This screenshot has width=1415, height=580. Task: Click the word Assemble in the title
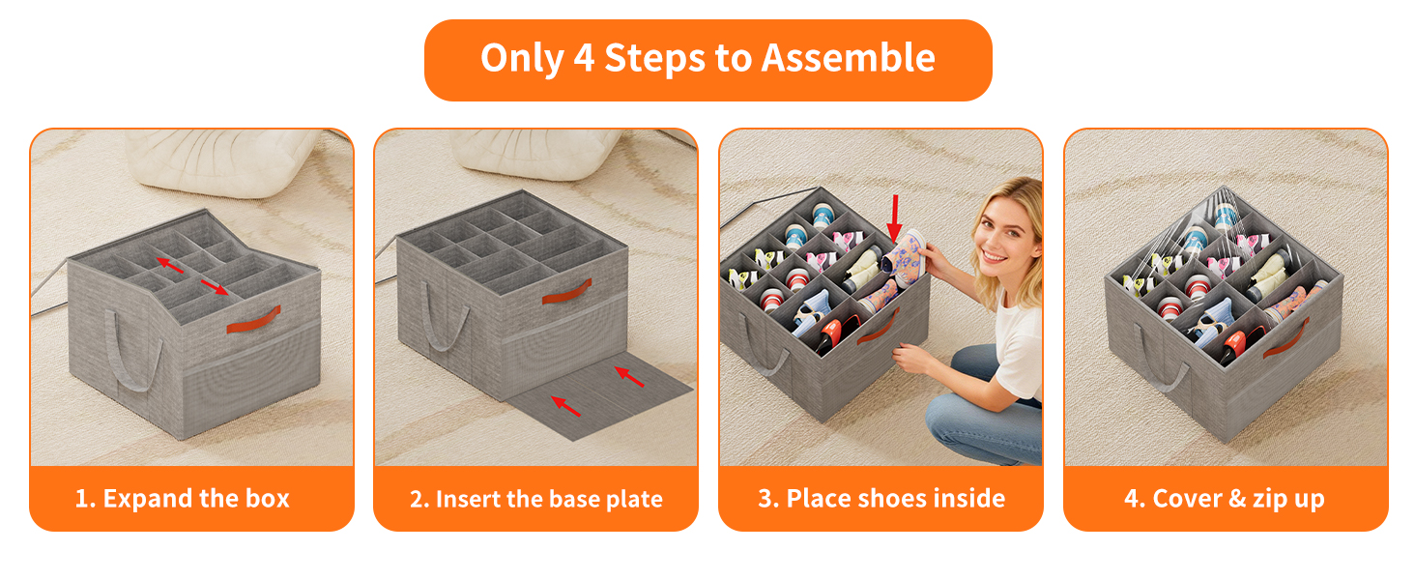click(x=848, y=58)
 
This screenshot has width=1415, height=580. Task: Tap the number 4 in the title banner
click(x=584, y=58)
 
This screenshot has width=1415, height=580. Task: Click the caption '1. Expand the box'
click(x=182, y=499)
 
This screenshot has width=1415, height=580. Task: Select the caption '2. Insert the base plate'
click(x=536, y=499)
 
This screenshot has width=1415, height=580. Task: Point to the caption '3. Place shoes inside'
click(x=881, y=499)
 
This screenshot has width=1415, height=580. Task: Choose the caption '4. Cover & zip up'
click(x=1225, y=499)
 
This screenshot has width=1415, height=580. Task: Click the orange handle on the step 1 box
click(x=253, y=320)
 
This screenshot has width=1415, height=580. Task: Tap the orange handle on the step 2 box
click(x=567, y=291)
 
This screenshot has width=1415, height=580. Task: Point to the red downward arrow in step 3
click(x=894, y=218)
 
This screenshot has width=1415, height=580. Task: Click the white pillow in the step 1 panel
click(x=221, y=162)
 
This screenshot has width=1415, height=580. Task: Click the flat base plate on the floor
click(x=599, y=398)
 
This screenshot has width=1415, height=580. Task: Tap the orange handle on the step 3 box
click(x=878, y=329)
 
